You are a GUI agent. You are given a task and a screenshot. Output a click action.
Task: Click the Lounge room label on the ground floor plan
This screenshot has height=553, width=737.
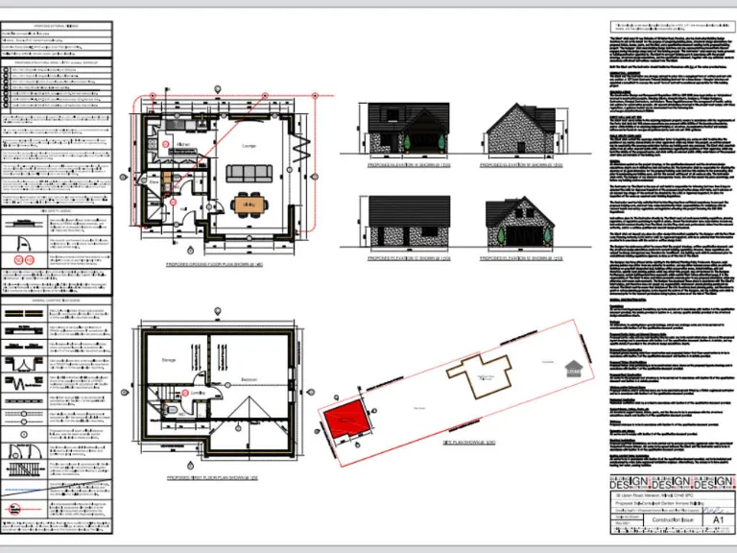click(x=249, y=146)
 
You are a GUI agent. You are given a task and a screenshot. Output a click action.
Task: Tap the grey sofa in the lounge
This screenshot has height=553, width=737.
click(x=249, y=174)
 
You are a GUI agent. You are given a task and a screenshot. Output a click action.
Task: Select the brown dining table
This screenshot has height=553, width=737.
click(x=249, y=204)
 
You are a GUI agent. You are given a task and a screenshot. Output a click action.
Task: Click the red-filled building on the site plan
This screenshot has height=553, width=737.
click(x=346, y=420)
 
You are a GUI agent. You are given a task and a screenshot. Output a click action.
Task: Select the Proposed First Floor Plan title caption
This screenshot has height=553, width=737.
click(x=218, y=476)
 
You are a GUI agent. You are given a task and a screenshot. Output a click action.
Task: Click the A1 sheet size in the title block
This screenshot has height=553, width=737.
click(x=719, y=518)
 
